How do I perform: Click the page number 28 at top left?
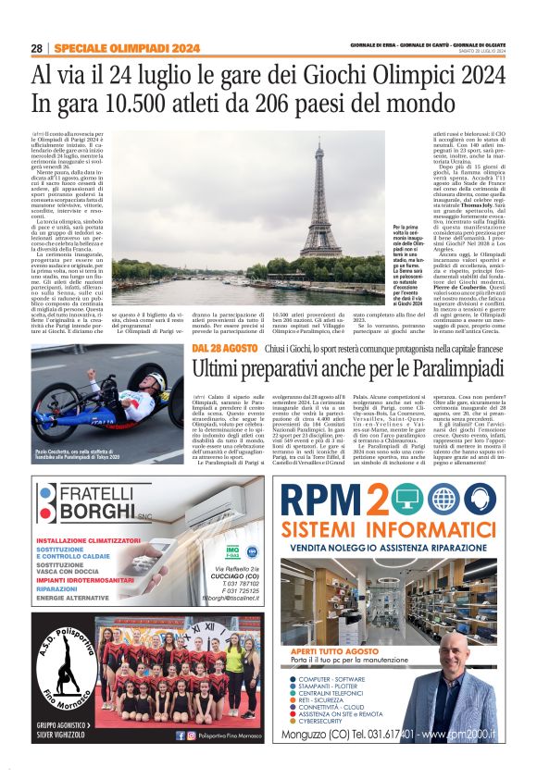(x=35, y=48)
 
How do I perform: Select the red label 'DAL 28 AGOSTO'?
(x=224, y=347)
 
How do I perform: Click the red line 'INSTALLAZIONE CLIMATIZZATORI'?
(x=90, y=540)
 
